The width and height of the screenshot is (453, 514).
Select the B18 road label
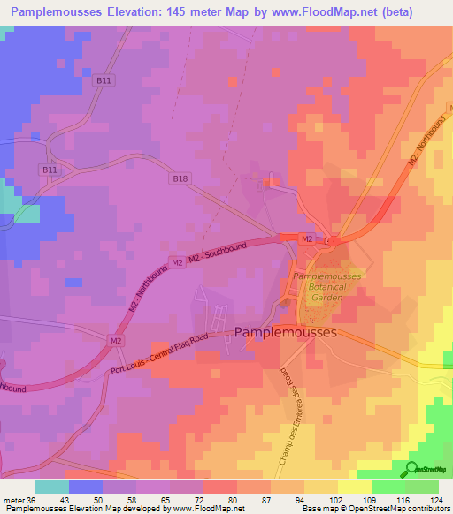tap(180, 178)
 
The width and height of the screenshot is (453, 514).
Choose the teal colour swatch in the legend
tap(52, 487)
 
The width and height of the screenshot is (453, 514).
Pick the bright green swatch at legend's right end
tap(422, 487)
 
